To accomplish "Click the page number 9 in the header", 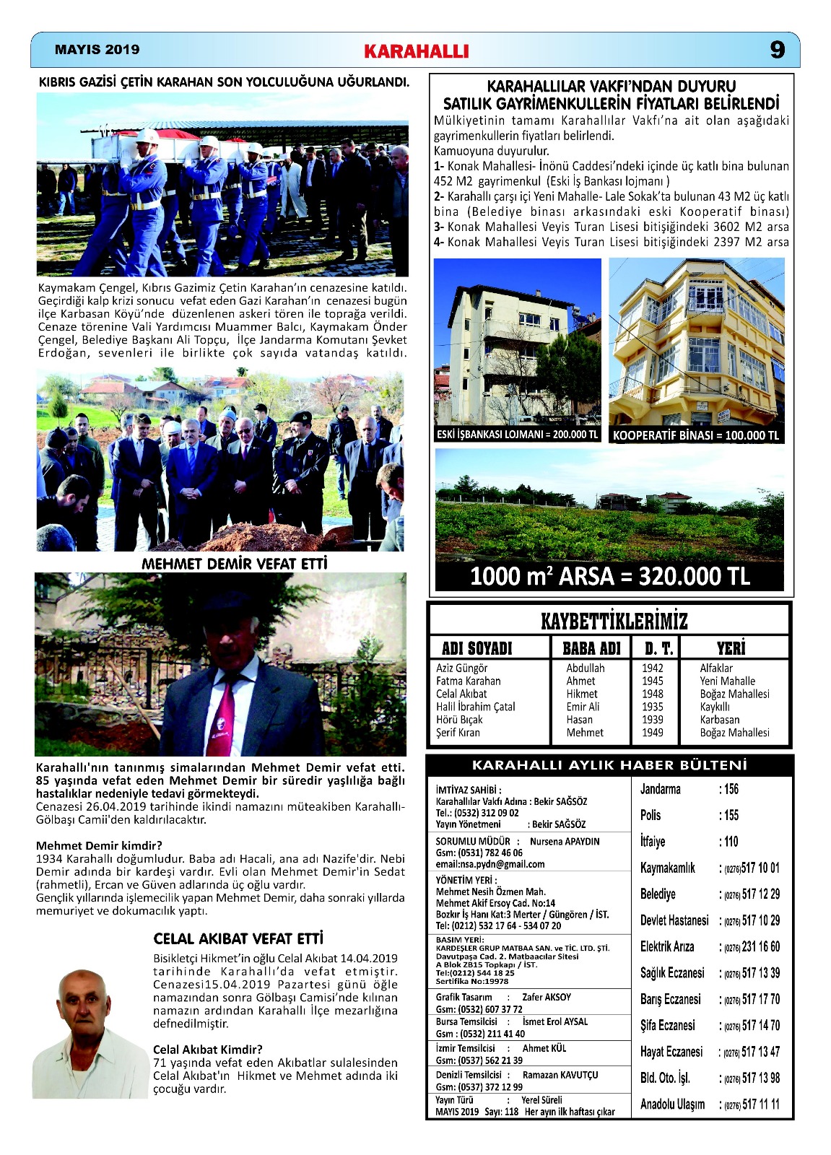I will (x=777, y=50).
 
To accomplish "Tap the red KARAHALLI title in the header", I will (x=417, y=51).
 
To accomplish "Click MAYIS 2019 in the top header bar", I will (x=97, y=50).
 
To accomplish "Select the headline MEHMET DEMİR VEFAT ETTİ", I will (x=235, y=564).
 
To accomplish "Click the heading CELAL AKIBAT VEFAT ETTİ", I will (x=238, y=938).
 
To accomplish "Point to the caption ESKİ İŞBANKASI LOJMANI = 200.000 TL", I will (x=518, y=435).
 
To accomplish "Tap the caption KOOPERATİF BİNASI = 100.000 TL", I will (x=696, y=435).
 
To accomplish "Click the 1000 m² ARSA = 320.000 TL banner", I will (x=610, y=576).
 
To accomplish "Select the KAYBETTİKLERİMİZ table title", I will (x=614, y=621).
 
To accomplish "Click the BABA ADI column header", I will (x=591, y=648).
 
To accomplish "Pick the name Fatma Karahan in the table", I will (x=468, y=681).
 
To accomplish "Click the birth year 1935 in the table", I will (x=652, y=707).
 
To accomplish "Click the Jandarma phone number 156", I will (x=731, y=789).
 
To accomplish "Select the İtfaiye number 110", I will (x=731, y=842).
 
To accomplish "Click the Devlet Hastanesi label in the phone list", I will (x=674, y=920).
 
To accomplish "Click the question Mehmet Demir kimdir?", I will (x=99, y=845).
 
